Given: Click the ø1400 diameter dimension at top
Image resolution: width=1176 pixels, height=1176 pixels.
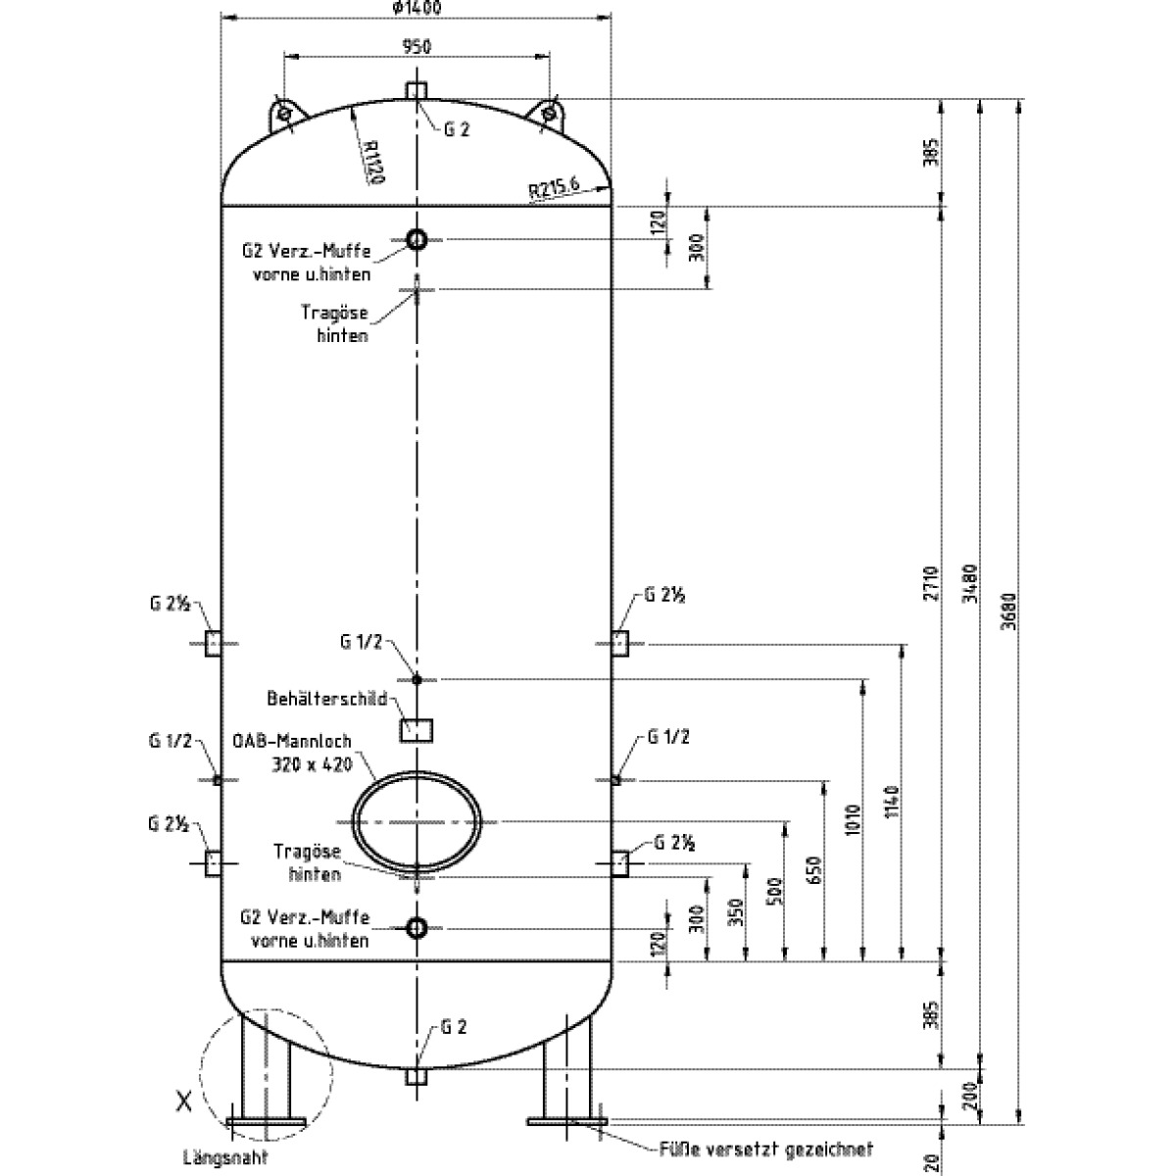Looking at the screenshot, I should [x=415, y=8].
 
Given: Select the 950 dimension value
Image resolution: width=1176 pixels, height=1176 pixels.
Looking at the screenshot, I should [x=416, y=45].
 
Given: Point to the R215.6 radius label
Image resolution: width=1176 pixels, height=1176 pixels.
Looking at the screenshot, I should [x=554, y=186].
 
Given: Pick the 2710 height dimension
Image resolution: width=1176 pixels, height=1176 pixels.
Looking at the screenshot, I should [x=932, y=582].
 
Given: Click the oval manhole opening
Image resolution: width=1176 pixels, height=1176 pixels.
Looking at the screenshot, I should [x=416, y=821].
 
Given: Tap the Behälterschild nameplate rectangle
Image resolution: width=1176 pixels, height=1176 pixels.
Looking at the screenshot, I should [x=416, y=729].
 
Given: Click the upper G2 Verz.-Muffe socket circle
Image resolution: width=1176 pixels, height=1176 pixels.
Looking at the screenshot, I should [x=416, y=239].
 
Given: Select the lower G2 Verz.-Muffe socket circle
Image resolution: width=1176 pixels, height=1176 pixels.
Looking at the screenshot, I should [x=416, y=927].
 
